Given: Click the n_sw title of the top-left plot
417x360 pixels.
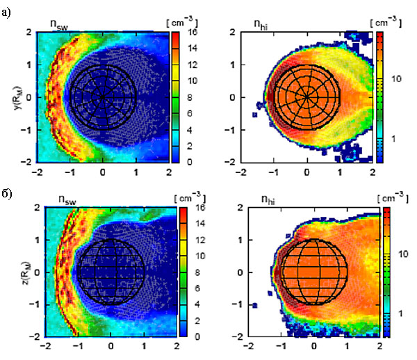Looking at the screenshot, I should [61, 22].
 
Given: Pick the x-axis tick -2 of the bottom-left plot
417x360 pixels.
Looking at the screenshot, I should [46, 345].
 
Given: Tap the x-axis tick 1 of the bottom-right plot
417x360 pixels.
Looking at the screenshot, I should [347, 345].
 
